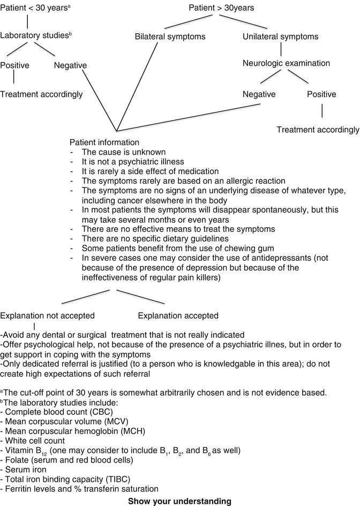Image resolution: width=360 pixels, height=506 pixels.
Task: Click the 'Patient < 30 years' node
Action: click(x=26, y=8)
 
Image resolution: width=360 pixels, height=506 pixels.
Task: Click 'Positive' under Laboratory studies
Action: click(x=15, y=66)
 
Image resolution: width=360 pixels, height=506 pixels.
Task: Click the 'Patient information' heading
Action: click(x=105, y=144)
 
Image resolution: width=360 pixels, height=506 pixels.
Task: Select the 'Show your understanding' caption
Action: click(x=179, y=501)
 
